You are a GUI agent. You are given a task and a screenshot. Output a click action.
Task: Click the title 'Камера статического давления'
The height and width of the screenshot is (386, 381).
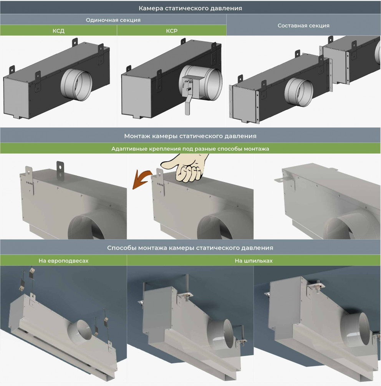point(190,8)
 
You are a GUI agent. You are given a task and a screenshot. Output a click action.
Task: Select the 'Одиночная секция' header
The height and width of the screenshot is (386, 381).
point(113,20)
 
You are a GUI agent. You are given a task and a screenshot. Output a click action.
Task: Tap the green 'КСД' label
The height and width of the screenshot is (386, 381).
point(58,31)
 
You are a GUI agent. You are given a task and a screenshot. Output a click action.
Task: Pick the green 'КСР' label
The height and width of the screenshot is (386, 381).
point(172,31)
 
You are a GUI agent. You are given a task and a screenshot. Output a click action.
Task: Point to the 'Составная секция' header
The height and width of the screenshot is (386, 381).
point(303,26)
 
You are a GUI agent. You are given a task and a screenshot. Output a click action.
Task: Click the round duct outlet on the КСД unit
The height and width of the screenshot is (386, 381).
point(76,85)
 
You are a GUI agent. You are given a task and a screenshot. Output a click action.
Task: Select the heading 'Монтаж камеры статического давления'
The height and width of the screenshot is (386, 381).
point(190,136)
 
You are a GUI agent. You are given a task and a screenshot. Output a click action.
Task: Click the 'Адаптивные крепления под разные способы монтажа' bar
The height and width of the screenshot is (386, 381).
point(190,149)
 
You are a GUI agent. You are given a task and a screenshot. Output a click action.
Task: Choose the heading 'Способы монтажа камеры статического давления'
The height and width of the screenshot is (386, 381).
point(190,248)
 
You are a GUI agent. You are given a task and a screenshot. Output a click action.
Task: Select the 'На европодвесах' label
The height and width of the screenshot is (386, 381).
point(63,261)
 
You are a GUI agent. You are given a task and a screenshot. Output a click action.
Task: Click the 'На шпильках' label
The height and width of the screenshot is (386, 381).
point(254,261)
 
